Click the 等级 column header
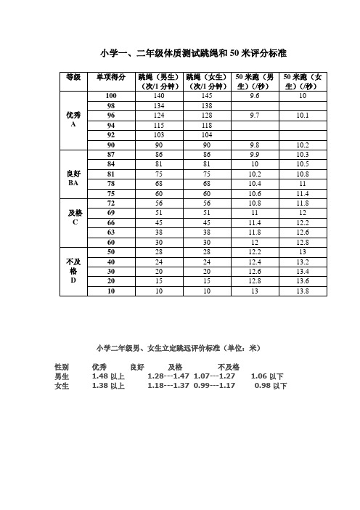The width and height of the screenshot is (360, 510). click(73, 77)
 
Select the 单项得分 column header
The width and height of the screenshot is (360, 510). click(111, 77)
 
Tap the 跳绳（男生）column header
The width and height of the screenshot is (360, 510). click(159, 81)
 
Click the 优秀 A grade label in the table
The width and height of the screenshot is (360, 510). click(73, 119)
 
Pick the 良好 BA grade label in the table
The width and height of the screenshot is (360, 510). click(73, 179)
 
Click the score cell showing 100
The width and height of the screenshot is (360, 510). click(111, 96)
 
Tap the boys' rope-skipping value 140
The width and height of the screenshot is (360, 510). click(159, 96)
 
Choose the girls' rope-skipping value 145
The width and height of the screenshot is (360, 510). click(207, 96)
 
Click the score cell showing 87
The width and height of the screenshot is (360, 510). click(111, 155)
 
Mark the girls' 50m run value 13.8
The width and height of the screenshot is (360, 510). click(303, 291)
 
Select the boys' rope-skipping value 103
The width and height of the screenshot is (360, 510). click(159, 135)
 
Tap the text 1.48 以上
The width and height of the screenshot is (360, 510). click(108, 376)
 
